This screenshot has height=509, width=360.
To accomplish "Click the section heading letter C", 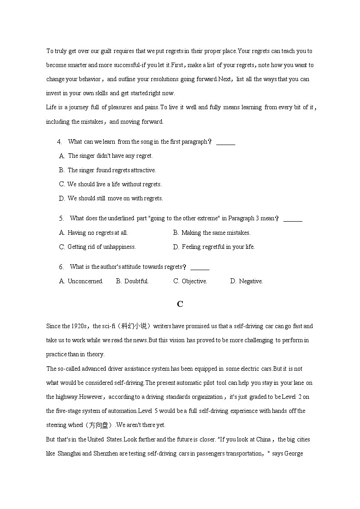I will point(180,304).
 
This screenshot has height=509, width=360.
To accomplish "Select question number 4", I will point(59,142).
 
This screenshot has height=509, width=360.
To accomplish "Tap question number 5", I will point(61,218).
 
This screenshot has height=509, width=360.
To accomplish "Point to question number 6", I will point(61,267).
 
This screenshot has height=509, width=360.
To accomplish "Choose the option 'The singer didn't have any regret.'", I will point(110,156).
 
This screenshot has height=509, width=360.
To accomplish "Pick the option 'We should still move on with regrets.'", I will point(115,199).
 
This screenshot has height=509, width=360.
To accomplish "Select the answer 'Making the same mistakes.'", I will point(216,233).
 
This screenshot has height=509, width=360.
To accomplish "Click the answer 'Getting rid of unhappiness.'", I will point(102,247).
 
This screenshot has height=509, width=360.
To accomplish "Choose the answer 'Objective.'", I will point(194,281).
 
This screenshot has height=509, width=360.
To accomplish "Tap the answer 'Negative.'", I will point(251,281).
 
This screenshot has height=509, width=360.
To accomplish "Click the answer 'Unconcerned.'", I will point(85,281).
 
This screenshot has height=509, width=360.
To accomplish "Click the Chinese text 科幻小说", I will point(133,326).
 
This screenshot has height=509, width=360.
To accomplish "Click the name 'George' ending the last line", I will point(294,453).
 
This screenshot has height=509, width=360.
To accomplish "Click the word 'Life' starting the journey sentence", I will point(51,107).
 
